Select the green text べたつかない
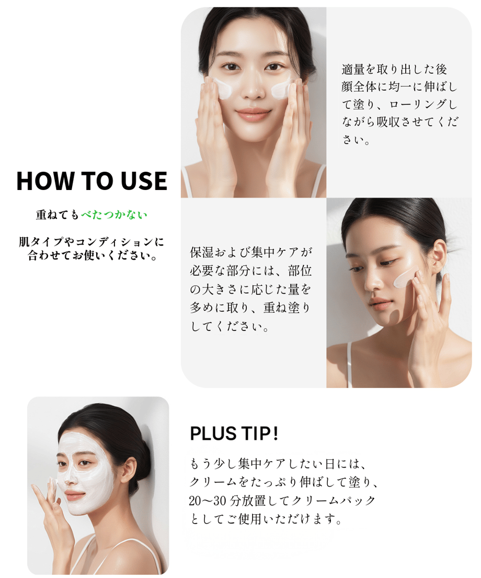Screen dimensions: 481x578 [114, 215]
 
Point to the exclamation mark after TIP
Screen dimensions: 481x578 [276, 433]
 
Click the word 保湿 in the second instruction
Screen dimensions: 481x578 [202, 252]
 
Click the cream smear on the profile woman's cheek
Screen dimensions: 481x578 [405, 277]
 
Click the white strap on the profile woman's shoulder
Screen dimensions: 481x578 [349, 365]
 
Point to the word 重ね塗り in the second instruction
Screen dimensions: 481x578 [287, 308]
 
